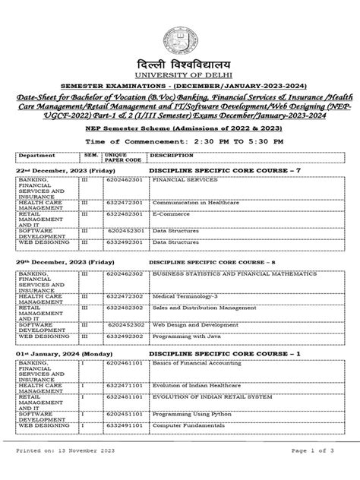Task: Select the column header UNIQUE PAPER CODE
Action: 122,158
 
